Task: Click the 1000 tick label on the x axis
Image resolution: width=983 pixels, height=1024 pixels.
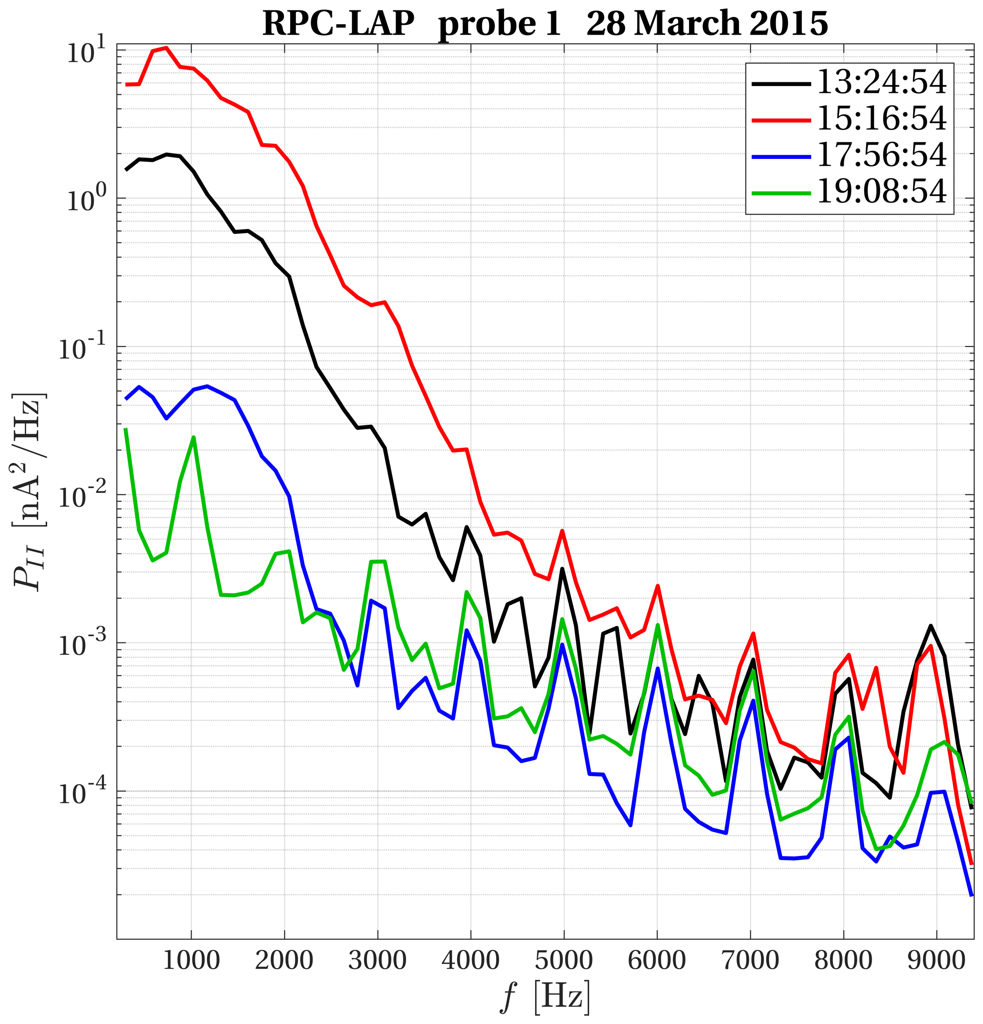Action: click(191, 960)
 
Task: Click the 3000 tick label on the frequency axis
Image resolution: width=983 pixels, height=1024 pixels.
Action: click(377, 960)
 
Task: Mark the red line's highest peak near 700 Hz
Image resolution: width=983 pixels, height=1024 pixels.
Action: click(166, 48)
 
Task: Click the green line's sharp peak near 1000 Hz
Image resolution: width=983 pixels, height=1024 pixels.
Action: click(194, 437)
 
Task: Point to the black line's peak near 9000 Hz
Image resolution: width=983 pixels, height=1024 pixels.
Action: click(931, 626)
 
